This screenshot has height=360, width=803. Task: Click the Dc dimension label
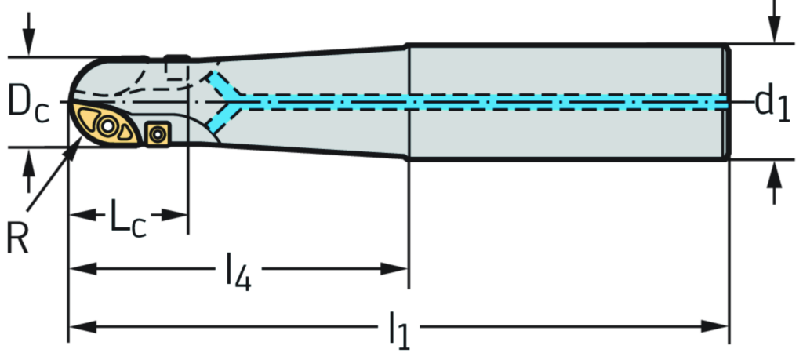click(28, 102)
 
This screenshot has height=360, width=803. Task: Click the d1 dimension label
click(772, 102)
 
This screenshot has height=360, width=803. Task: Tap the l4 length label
click(238, 270)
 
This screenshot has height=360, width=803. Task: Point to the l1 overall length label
click(398, 324)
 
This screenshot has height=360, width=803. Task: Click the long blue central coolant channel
click(486, 102)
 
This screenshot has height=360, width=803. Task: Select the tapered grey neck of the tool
click(314, 102)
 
